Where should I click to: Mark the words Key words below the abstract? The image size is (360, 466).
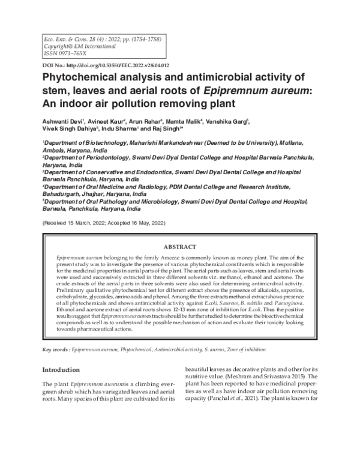(56, 349)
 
